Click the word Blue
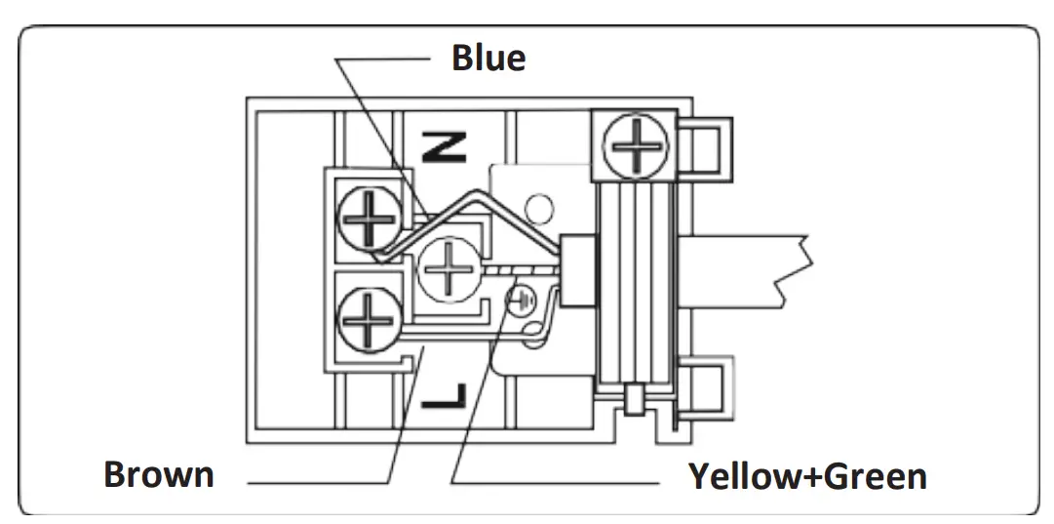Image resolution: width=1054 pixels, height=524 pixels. point(488,58)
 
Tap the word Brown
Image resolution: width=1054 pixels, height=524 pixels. point(159,475)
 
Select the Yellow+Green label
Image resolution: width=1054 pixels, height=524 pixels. point(807,477)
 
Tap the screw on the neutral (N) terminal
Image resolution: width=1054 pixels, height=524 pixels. point(368,218)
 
